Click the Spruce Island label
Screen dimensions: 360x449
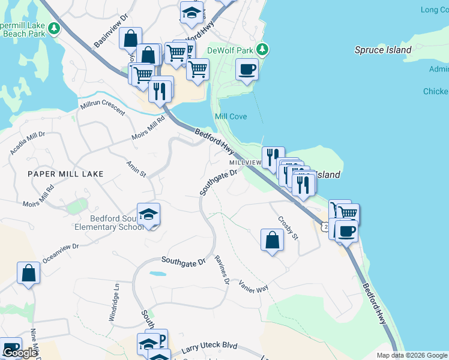[383, 50]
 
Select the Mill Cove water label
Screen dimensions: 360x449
[231, 116]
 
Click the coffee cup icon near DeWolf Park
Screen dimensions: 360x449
[247, 70]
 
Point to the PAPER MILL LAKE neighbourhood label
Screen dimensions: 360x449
[65, 174]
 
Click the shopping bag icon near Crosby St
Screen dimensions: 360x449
[273, 240]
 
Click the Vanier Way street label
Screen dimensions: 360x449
[253, 286]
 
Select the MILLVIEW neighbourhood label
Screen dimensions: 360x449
[245, 163]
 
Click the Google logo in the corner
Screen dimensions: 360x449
[20, 353]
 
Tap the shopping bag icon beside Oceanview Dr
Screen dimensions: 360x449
[29, 273]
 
